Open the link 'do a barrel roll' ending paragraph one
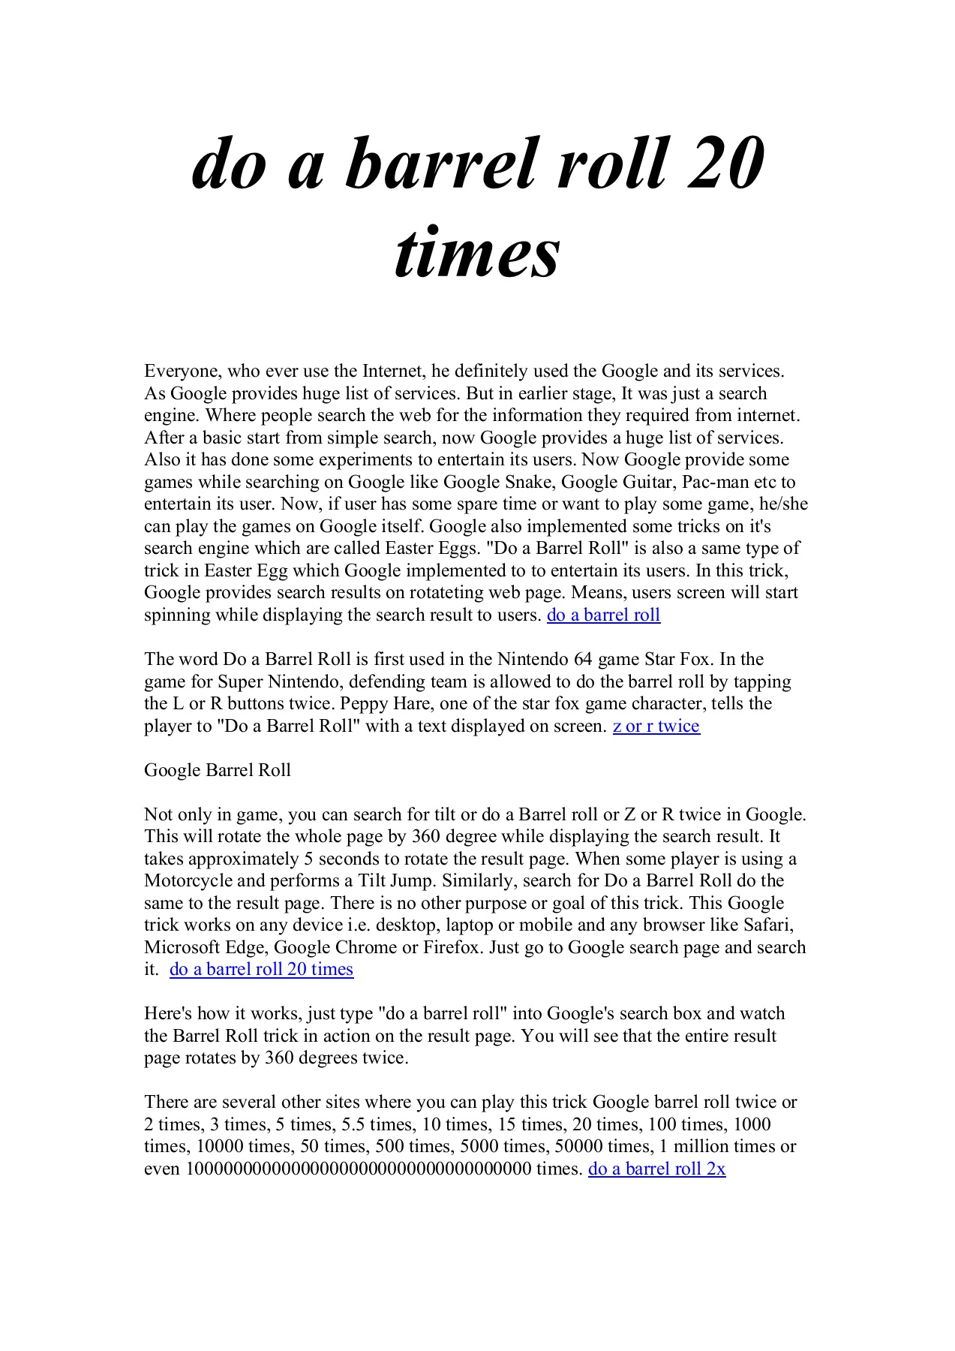tap(603, 615)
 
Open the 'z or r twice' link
tap(656, 727)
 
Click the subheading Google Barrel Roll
tap(218, 771)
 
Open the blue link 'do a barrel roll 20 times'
tap(261, 970)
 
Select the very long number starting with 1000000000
tap(358, 1169)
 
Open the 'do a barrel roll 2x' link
tap(656, 1169)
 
